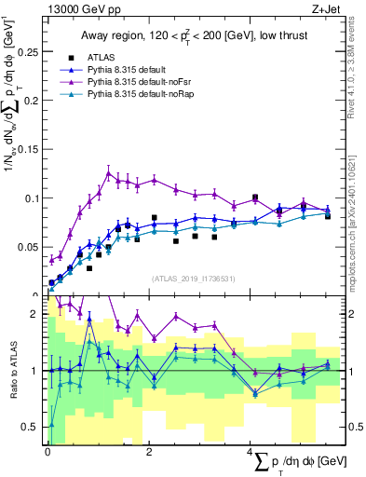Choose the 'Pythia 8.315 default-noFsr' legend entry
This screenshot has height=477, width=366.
tap(145, 82)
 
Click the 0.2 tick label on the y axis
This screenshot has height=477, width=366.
tap(31, 101)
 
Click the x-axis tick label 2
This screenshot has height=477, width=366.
tap(150, 451)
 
